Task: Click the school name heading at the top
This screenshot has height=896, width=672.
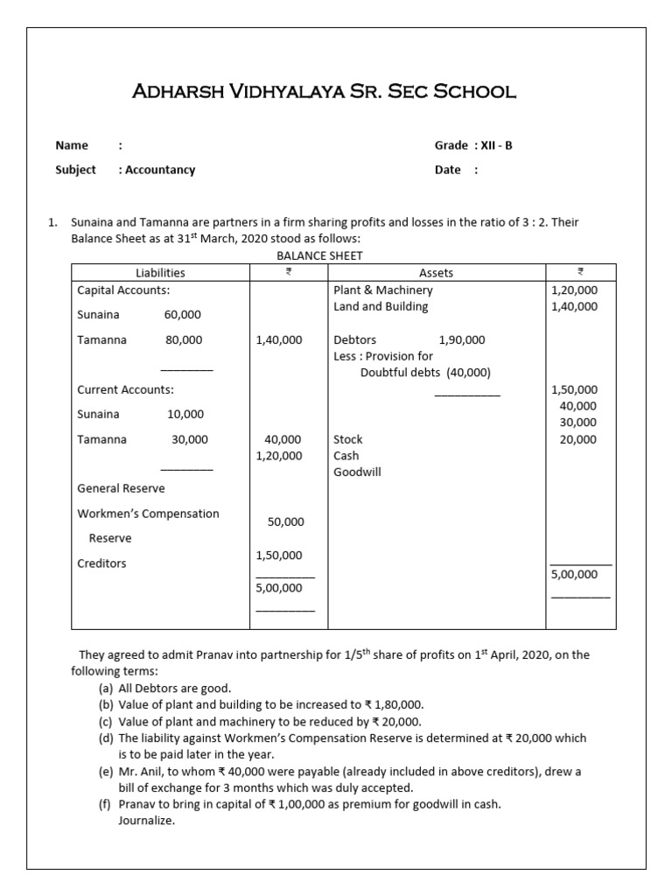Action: click(x=323, y=90)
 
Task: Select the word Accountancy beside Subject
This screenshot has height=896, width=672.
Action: click(x=160, y=170)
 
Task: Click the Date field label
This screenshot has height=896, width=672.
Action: click(x=447, y=170)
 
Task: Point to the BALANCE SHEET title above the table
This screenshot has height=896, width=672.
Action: click(x=319, y=255)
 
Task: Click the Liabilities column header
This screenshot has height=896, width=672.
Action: click(x=160, y=272)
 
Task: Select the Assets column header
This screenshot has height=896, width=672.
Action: click(x=436, y=272)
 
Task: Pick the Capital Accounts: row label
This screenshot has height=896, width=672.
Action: click(x=123, y=290)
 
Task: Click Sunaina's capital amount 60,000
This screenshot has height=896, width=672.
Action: click(x=183, y=314)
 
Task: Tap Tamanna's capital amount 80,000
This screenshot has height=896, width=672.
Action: click(x=183, y=339)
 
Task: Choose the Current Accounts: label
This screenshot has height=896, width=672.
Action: click(x=125, y=389)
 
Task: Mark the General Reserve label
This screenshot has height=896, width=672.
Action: click(x=121, y=488)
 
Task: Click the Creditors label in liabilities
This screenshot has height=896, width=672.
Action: click(x=101, y=563)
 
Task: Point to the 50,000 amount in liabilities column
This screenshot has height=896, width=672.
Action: click(x=286, y=521)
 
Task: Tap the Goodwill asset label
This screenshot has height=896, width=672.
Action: click(x=357, y=472)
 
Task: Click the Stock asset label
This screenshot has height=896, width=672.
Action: click(x=347, y=439)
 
